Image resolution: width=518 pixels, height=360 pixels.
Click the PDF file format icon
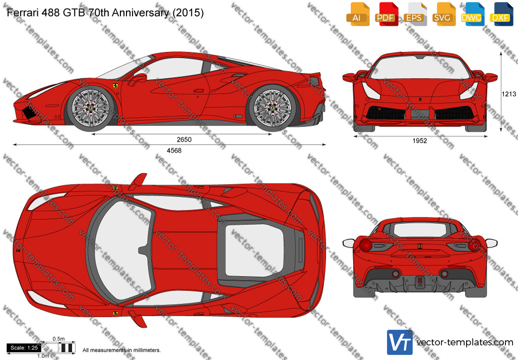coord(385,14)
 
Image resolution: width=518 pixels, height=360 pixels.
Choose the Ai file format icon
coord(357,14)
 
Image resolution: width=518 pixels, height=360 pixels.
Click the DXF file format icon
coord(501,14)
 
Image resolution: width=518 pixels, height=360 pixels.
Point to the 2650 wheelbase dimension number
coord(184,140)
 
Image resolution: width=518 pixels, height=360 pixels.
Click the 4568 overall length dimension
coord(174,150)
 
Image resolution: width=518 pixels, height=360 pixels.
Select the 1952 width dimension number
coord(420,141)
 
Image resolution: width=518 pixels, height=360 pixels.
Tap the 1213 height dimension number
coord(509,94)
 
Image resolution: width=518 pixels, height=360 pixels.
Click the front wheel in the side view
coord(91,108)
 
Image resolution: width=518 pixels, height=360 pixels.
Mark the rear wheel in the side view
coord(273,107)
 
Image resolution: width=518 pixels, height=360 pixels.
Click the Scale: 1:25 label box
coord(24,348)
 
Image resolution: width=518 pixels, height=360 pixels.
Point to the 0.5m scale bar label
coord(58,339)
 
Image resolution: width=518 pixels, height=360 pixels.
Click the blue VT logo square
coord(400,342)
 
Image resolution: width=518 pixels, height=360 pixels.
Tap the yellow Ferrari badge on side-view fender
coord(115,86)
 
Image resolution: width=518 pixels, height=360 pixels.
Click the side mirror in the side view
coord(139,78)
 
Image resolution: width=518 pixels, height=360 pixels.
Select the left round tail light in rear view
coord(366,245)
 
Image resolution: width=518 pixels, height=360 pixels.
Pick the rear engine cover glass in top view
coord(254,251)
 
